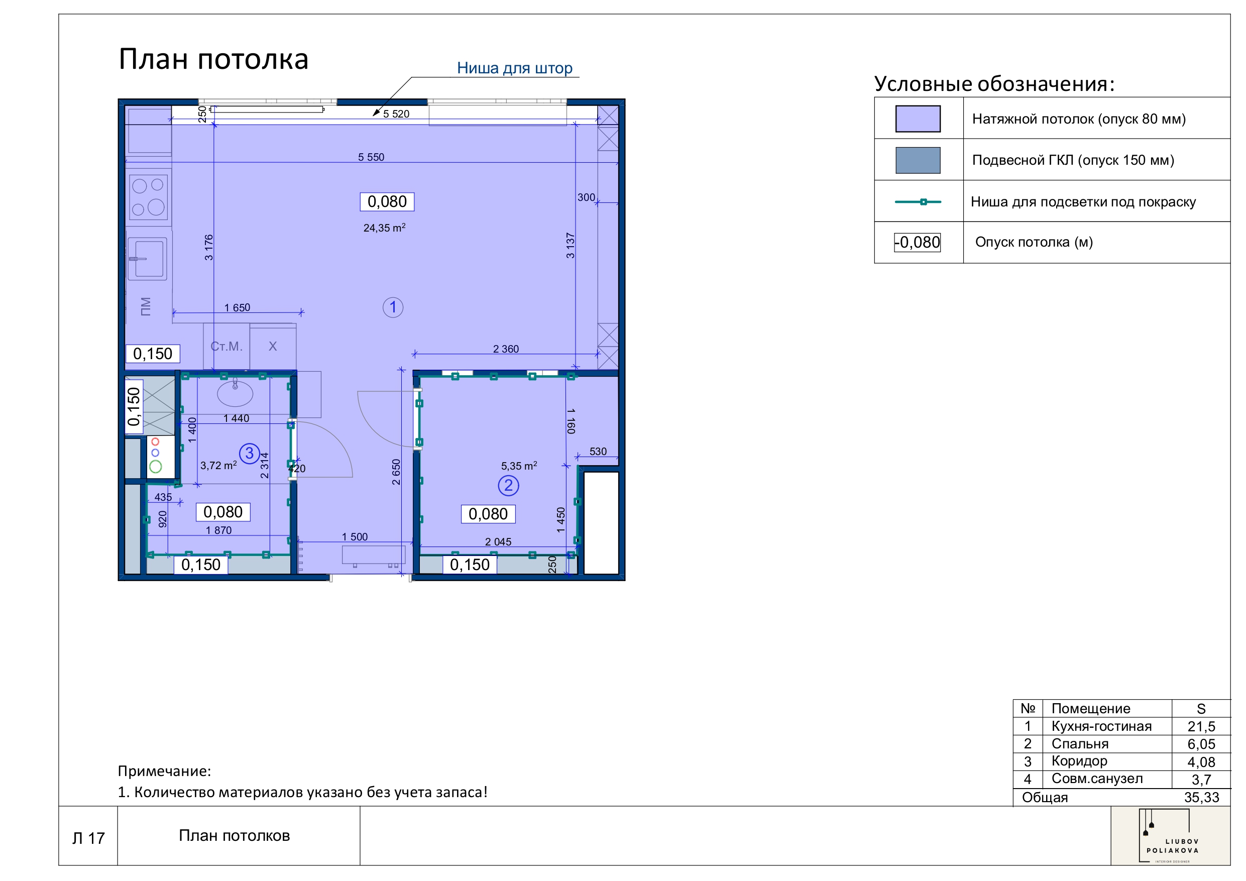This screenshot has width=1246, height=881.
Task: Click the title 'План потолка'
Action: click(213, 59)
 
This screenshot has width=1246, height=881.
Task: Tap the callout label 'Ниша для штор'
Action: click(514, 68)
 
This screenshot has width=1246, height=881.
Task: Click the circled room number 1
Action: click(392, 307)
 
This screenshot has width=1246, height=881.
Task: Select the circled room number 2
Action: click(508, 485)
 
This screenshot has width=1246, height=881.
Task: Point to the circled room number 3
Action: click(249, 453)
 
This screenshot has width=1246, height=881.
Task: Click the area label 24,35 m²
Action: click(384, 228)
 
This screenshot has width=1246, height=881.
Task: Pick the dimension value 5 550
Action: click(371, 157)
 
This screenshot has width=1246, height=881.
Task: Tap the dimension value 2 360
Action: click(505, 349)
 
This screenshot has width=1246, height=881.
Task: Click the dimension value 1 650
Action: click(237, 307)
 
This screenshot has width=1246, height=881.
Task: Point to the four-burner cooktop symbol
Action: click(148, 196)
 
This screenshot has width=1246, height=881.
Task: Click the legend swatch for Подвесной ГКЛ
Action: click(917, 160)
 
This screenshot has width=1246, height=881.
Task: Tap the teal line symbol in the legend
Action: click(917, 201)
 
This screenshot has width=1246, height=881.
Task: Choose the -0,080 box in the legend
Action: click(917, 242)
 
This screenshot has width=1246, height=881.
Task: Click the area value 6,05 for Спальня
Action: click(1200, 744)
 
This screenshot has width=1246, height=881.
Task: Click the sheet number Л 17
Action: click(88, 838)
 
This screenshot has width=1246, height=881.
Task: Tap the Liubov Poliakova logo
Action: click(1170, 836)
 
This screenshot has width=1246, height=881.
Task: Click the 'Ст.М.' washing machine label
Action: click(226, 346)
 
